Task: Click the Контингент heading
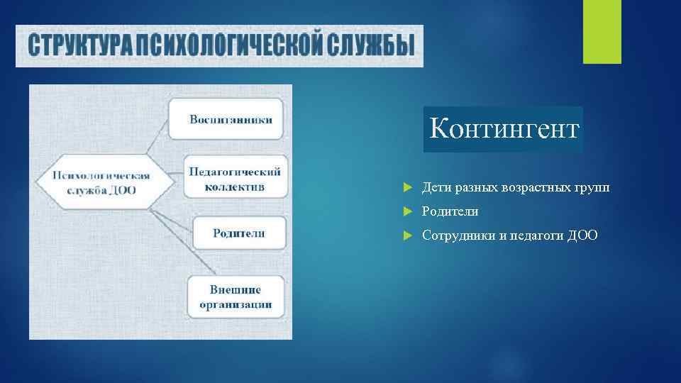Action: [504, 130]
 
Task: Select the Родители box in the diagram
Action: [238, 233]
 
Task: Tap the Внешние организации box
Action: [236, 296]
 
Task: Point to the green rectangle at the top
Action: [602, 31]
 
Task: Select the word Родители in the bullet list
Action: [450, 212]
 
